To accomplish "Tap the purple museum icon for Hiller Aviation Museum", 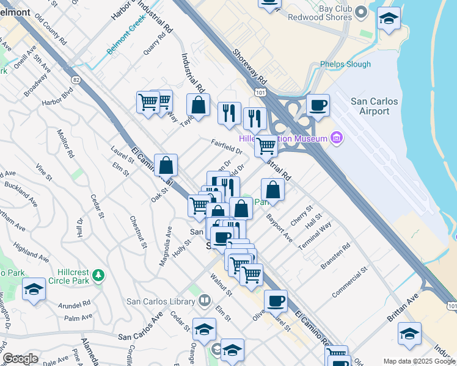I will (335, 138).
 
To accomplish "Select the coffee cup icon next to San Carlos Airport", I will (318, 105).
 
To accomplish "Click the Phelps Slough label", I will (345, 64).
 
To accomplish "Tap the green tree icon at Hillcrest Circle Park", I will (98, 276).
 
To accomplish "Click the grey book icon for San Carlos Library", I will (204, 300).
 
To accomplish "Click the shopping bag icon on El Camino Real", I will (166, 165).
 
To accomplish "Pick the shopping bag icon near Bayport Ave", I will (273, 190).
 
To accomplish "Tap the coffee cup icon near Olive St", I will (276, 301).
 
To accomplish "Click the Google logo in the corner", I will (20, 359).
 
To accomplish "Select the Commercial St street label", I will (349, 281).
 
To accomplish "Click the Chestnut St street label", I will (137, 232).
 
